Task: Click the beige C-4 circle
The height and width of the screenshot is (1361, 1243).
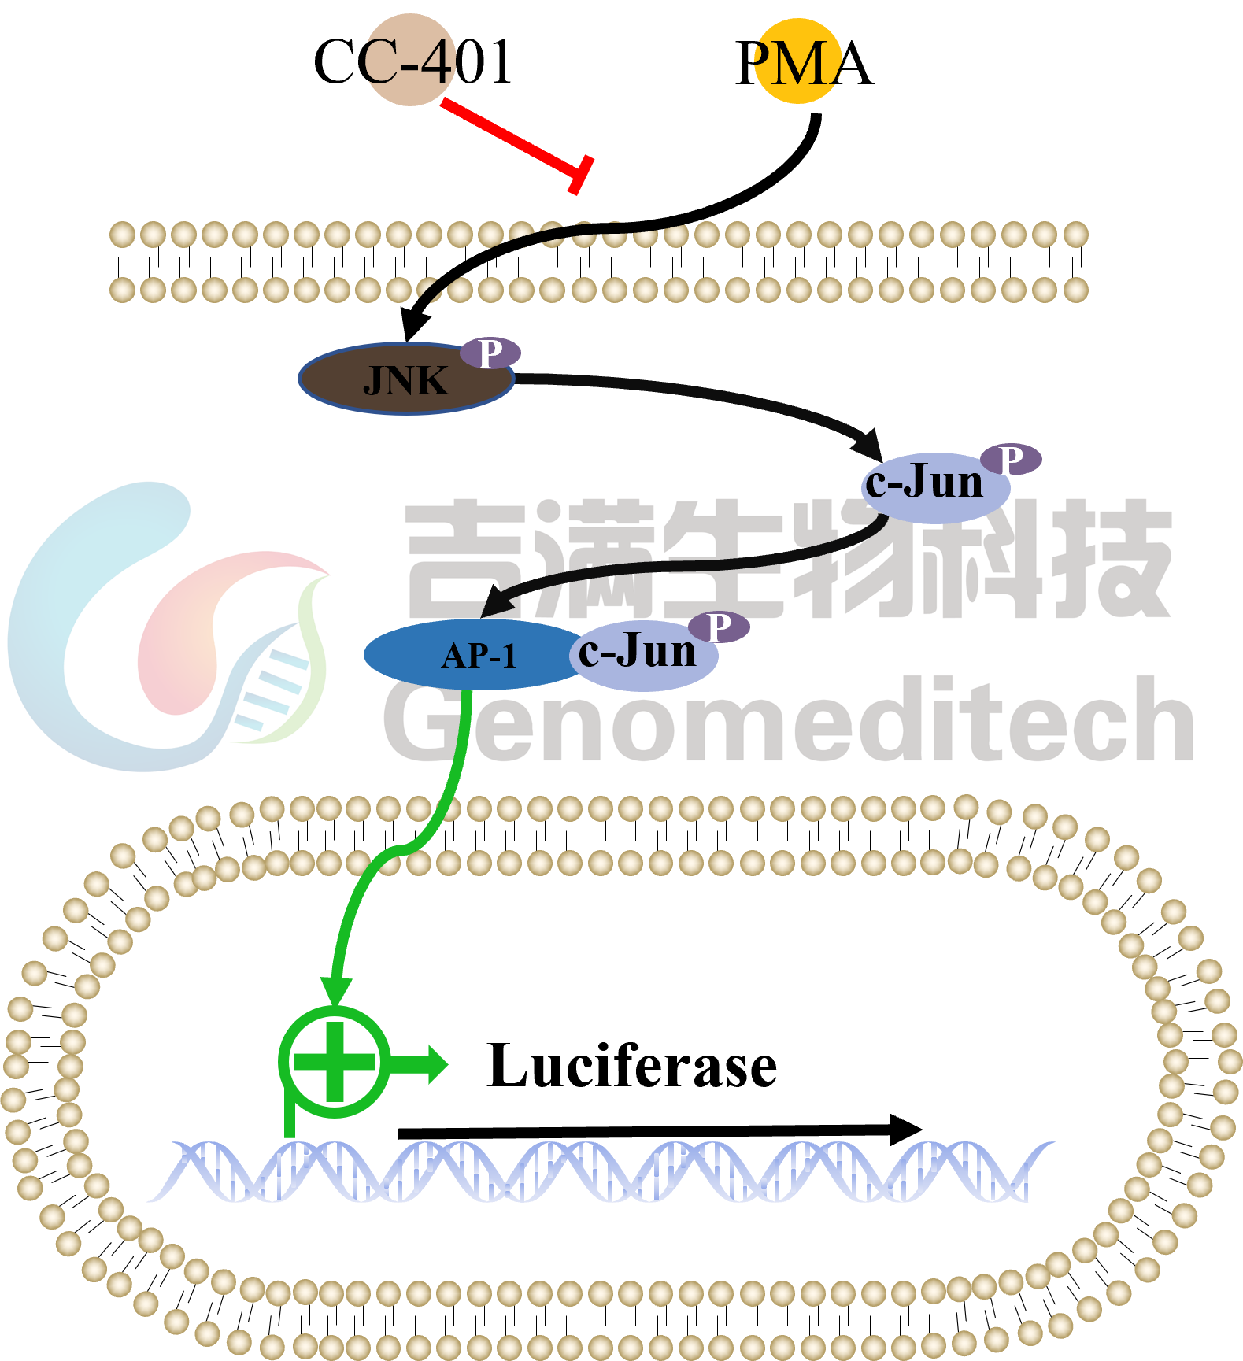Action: coord(409,61)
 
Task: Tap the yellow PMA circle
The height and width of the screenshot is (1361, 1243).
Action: coord(797,61)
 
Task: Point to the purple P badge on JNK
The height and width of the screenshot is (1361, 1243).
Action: coord(490,353)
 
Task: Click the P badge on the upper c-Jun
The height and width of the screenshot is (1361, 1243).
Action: coord(1011,459)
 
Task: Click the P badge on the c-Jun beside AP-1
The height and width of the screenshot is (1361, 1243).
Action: coord(718,627)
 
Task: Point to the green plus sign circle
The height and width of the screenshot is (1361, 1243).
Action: coord(335,1062)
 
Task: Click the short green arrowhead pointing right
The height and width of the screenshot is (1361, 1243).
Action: coord(435,1065)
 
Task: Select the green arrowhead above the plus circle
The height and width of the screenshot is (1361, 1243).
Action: coord(336,990)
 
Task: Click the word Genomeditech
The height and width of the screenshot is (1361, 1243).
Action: coord(787,720)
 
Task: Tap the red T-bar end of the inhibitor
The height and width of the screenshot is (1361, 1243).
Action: coord(581,175)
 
